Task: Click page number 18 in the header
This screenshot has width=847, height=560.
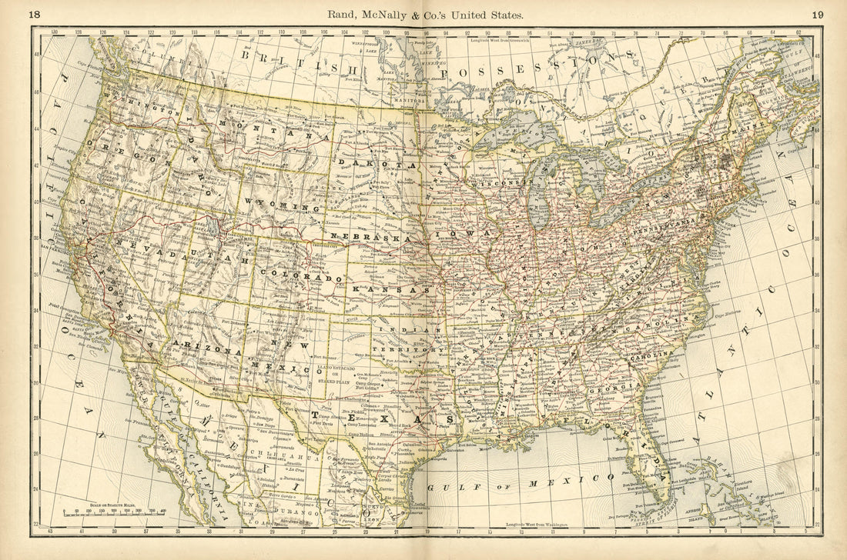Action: coord(35,14)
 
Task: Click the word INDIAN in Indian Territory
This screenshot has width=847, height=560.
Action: coord(400,330)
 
